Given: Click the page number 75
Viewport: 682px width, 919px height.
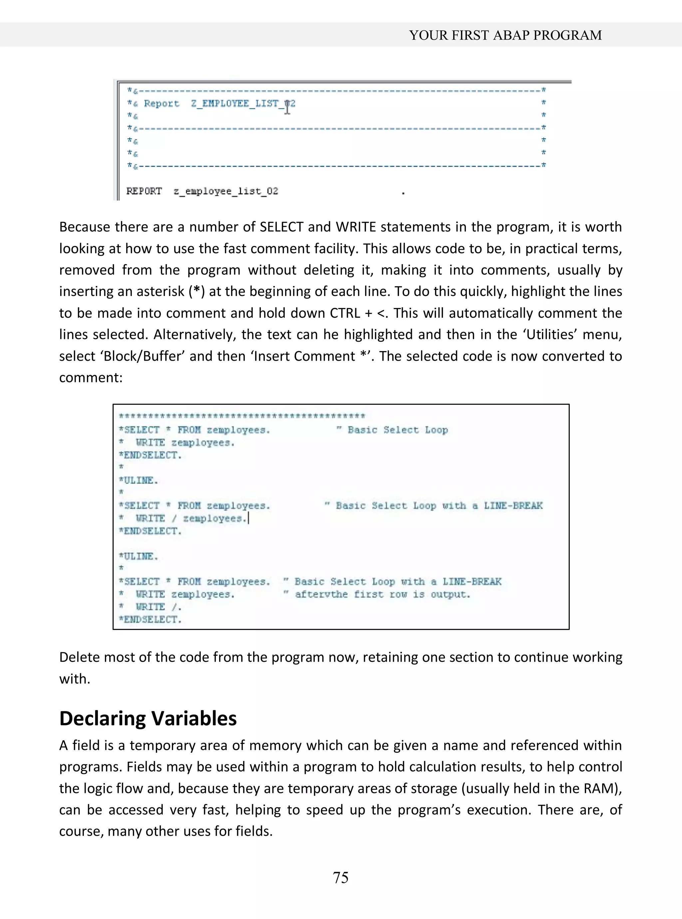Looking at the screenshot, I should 341,877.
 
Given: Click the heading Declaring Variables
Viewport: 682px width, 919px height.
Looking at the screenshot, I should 148,718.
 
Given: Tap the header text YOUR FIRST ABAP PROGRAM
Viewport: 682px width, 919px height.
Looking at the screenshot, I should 505,35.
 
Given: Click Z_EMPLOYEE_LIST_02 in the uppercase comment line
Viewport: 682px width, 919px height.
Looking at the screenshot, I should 243,103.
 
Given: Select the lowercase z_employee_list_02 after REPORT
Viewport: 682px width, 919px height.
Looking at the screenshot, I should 226,191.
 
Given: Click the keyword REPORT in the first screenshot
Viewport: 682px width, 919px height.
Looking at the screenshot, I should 144,191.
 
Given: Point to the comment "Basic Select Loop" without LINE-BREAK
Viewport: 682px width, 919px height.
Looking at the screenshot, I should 397,430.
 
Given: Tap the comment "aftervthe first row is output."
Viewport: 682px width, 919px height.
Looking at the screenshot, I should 382,594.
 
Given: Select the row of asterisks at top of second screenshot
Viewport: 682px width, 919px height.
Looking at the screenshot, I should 242,416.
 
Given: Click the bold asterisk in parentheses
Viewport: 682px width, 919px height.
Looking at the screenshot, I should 197,291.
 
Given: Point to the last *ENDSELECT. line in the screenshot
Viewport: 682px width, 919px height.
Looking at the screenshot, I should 150,619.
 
